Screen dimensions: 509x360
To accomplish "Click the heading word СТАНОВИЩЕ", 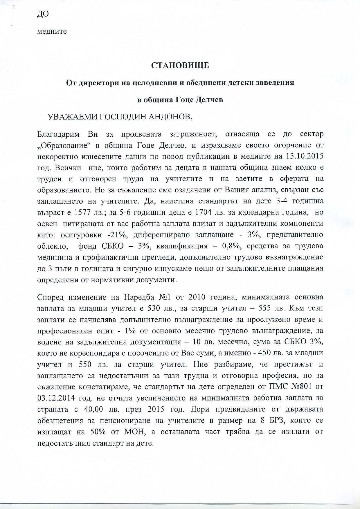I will [180, 65].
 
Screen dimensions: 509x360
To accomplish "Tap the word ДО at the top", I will [43, 14].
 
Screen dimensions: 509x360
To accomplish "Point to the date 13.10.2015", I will [305, 156].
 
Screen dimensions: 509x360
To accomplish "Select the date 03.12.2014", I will [56, 398].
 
